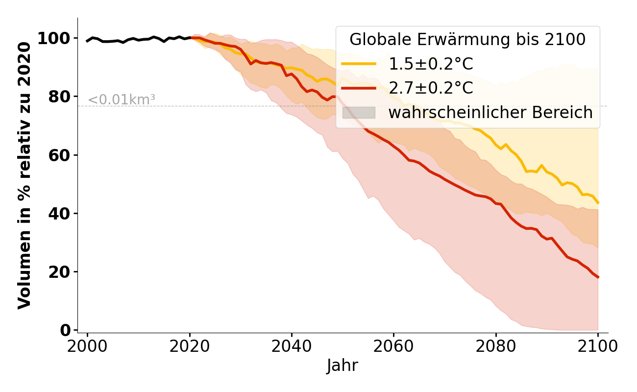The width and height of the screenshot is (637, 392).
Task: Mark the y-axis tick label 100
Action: coord(53,38)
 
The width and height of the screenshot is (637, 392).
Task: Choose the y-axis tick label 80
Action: coord(58,97)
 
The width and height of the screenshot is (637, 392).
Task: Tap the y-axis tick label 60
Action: coord(58,155)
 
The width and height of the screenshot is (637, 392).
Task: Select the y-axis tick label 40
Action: coord(58,213)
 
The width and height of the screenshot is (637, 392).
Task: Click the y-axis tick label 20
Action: coord(58,271)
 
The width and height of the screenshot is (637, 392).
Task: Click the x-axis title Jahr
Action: coord(343,366)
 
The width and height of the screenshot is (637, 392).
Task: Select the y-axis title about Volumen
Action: coord(24,175)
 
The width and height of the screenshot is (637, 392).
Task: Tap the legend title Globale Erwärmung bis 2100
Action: coord(467,40)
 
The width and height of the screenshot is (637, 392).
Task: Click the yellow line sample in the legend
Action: coord(358,64)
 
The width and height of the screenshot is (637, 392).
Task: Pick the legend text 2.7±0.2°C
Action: coord(431,88)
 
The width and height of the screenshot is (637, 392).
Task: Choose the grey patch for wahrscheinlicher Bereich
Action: coord(358,113)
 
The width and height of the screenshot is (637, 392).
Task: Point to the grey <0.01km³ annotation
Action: coord(122,99)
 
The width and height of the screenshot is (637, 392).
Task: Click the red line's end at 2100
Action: coord(598,277)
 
